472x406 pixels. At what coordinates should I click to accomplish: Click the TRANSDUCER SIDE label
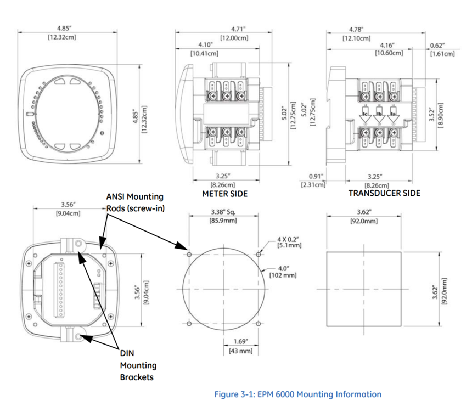[x=384, y=193]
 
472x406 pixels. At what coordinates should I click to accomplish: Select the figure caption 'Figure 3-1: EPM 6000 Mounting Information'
[x=297, y=394]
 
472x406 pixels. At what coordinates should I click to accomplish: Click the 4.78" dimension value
[x=356, y=29]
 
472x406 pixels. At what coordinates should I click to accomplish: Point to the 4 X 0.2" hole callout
[x=286, y=239]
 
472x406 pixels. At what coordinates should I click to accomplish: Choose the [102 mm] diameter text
[x=283, y=275]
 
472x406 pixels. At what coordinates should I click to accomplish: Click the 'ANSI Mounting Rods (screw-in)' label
[x=135, y=202]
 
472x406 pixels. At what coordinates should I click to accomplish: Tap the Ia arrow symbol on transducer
[x=392, y=116]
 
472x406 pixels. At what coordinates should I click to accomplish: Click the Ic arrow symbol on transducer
[x=365, y=116]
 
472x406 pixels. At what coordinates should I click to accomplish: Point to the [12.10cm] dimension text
[x=356, y=38]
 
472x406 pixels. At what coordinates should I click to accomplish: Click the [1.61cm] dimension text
[x=442, y=53]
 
